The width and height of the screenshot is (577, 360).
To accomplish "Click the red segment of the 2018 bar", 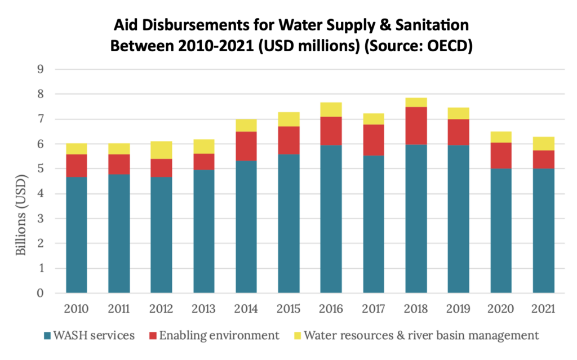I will tap(416, 126).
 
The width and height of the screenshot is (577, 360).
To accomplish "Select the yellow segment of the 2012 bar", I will tap(161, 150).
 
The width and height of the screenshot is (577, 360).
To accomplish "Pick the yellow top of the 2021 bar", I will tap(544, 144).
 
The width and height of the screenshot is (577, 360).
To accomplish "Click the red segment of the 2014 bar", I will tap(246, 146).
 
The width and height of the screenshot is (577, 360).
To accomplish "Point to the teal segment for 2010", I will tap(76, 235).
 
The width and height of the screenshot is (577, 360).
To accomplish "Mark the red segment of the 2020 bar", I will tap(501, 155).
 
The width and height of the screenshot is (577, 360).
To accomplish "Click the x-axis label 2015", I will tap(288, 309).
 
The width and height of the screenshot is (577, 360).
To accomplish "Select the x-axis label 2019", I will tap(459, 309).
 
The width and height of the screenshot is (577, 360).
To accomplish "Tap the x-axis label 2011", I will tap(119, 309).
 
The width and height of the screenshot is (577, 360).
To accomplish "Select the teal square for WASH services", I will tap(47, 336).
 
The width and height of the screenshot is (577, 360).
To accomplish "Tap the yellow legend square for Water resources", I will tap(296, 336).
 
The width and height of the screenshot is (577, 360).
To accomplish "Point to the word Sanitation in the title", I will tap(421, 25).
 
